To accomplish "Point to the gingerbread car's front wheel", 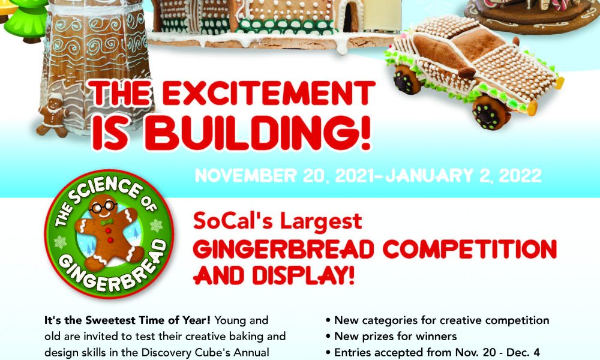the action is [x=490, y=112].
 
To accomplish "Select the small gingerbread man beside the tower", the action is [x=53, y=116].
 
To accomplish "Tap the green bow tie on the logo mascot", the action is [x=107, y=222].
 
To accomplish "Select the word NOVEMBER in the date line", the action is [x=245, y=176].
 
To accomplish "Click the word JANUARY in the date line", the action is [x=430, y=176].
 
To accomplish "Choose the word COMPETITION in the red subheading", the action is [x=470, y=250].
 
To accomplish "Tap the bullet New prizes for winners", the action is [x=391, y=336].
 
